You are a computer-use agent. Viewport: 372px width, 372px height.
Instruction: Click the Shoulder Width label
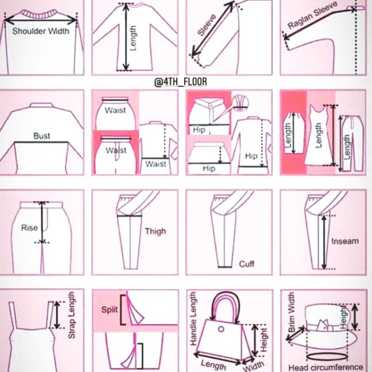coord(41,31)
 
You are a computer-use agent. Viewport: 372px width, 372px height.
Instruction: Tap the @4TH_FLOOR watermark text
coord(180,82)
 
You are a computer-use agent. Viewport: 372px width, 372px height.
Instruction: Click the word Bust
coord(42,136)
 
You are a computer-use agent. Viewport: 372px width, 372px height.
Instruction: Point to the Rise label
coord(29,228)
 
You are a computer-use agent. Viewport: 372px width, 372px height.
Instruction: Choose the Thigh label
coord(155,231)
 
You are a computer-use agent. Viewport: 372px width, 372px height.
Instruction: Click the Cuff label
coord(247,264)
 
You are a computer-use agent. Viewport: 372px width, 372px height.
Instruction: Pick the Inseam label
coord(345,241)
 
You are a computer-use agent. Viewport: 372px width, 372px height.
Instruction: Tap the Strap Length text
coord(71,315)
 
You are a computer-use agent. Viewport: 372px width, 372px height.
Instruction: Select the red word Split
coord(109,310)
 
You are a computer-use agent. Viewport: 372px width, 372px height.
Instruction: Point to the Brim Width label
coord(291,312)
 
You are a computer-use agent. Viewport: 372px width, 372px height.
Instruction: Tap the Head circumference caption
coord(325,368)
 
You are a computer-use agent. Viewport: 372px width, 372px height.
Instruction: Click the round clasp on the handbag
coord(221,329)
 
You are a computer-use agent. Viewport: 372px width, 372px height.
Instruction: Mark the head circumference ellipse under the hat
coord(327,357)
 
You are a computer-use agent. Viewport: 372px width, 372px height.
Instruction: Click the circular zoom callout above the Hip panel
coord(240,103)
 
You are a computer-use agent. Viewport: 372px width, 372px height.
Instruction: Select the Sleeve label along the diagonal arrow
coord(207,25)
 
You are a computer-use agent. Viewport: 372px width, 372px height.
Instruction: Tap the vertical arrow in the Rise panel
coord(42,222)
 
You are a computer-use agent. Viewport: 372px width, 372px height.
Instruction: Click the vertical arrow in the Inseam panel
coord(324,242)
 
